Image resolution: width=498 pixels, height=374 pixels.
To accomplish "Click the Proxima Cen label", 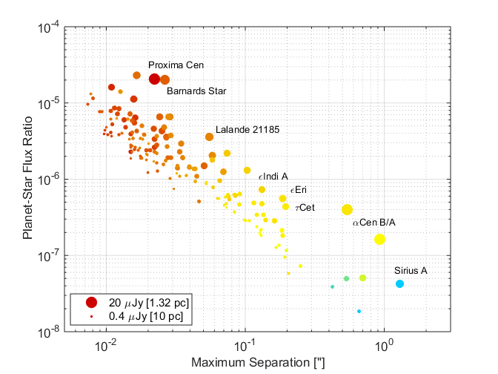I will pos(176,65).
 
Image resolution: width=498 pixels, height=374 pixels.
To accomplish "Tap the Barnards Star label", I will pos(196,92).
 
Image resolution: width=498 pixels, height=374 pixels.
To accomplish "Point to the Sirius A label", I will pos(411,271).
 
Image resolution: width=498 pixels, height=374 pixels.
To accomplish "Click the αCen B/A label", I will pos(374,222).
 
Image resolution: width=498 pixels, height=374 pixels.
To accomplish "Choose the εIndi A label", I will pos(273,177).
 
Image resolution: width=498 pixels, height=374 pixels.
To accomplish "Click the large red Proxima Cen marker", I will pos(155,79).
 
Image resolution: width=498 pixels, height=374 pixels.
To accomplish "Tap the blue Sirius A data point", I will pos(399,283).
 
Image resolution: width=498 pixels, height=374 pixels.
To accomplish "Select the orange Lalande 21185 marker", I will pos(209,137).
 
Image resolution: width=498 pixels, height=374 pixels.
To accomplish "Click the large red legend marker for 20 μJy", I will pos(91,302).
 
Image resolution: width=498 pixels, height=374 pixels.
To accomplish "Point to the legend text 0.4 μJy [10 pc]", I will pos(140,317).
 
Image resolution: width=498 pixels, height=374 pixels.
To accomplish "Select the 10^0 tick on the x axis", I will pos(383,345).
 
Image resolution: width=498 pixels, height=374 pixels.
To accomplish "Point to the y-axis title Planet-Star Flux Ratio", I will pos(27,179).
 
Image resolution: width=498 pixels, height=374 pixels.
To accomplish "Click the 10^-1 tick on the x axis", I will pos(245,345).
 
